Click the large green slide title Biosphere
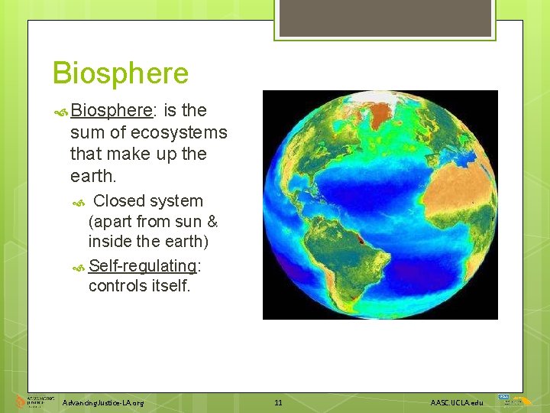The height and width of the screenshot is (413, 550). point(120,74)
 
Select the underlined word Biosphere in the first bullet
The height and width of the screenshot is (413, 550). point(112,111)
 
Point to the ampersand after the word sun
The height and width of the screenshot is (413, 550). point(212,222)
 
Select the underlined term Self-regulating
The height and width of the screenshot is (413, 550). point(143,265)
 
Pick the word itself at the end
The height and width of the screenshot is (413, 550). point(173,286)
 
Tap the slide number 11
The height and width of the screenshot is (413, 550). point(278,402)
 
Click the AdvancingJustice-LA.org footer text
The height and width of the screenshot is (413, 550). point(103,402)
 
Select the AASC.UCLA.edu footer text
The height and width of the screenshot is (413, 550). point(457,402)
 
